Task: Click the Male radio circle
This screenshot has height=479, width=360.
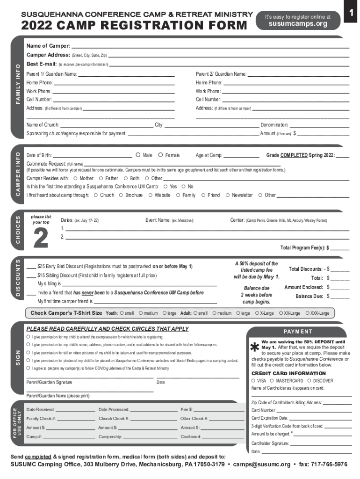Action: [138, 155]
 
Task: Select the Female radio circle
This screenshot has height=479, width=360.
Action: [161, 155]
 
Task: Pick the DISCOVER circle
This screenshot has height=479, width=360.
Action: [309, 381]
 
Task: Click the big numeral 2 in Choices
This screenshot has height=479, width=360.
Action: [41, 238]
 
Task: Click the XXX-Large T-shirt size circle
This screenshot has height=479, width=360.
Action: [307, 313]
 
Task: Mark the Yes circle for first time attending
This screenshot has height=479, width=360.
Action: [166, 186]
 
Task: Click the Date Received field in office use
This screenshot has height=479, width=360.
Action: [75, 410]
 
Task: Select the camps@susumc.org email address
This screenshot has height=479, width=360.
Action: [268, 464]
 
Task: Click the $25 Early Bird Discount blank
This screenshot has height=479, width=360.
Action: [31, 266]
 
